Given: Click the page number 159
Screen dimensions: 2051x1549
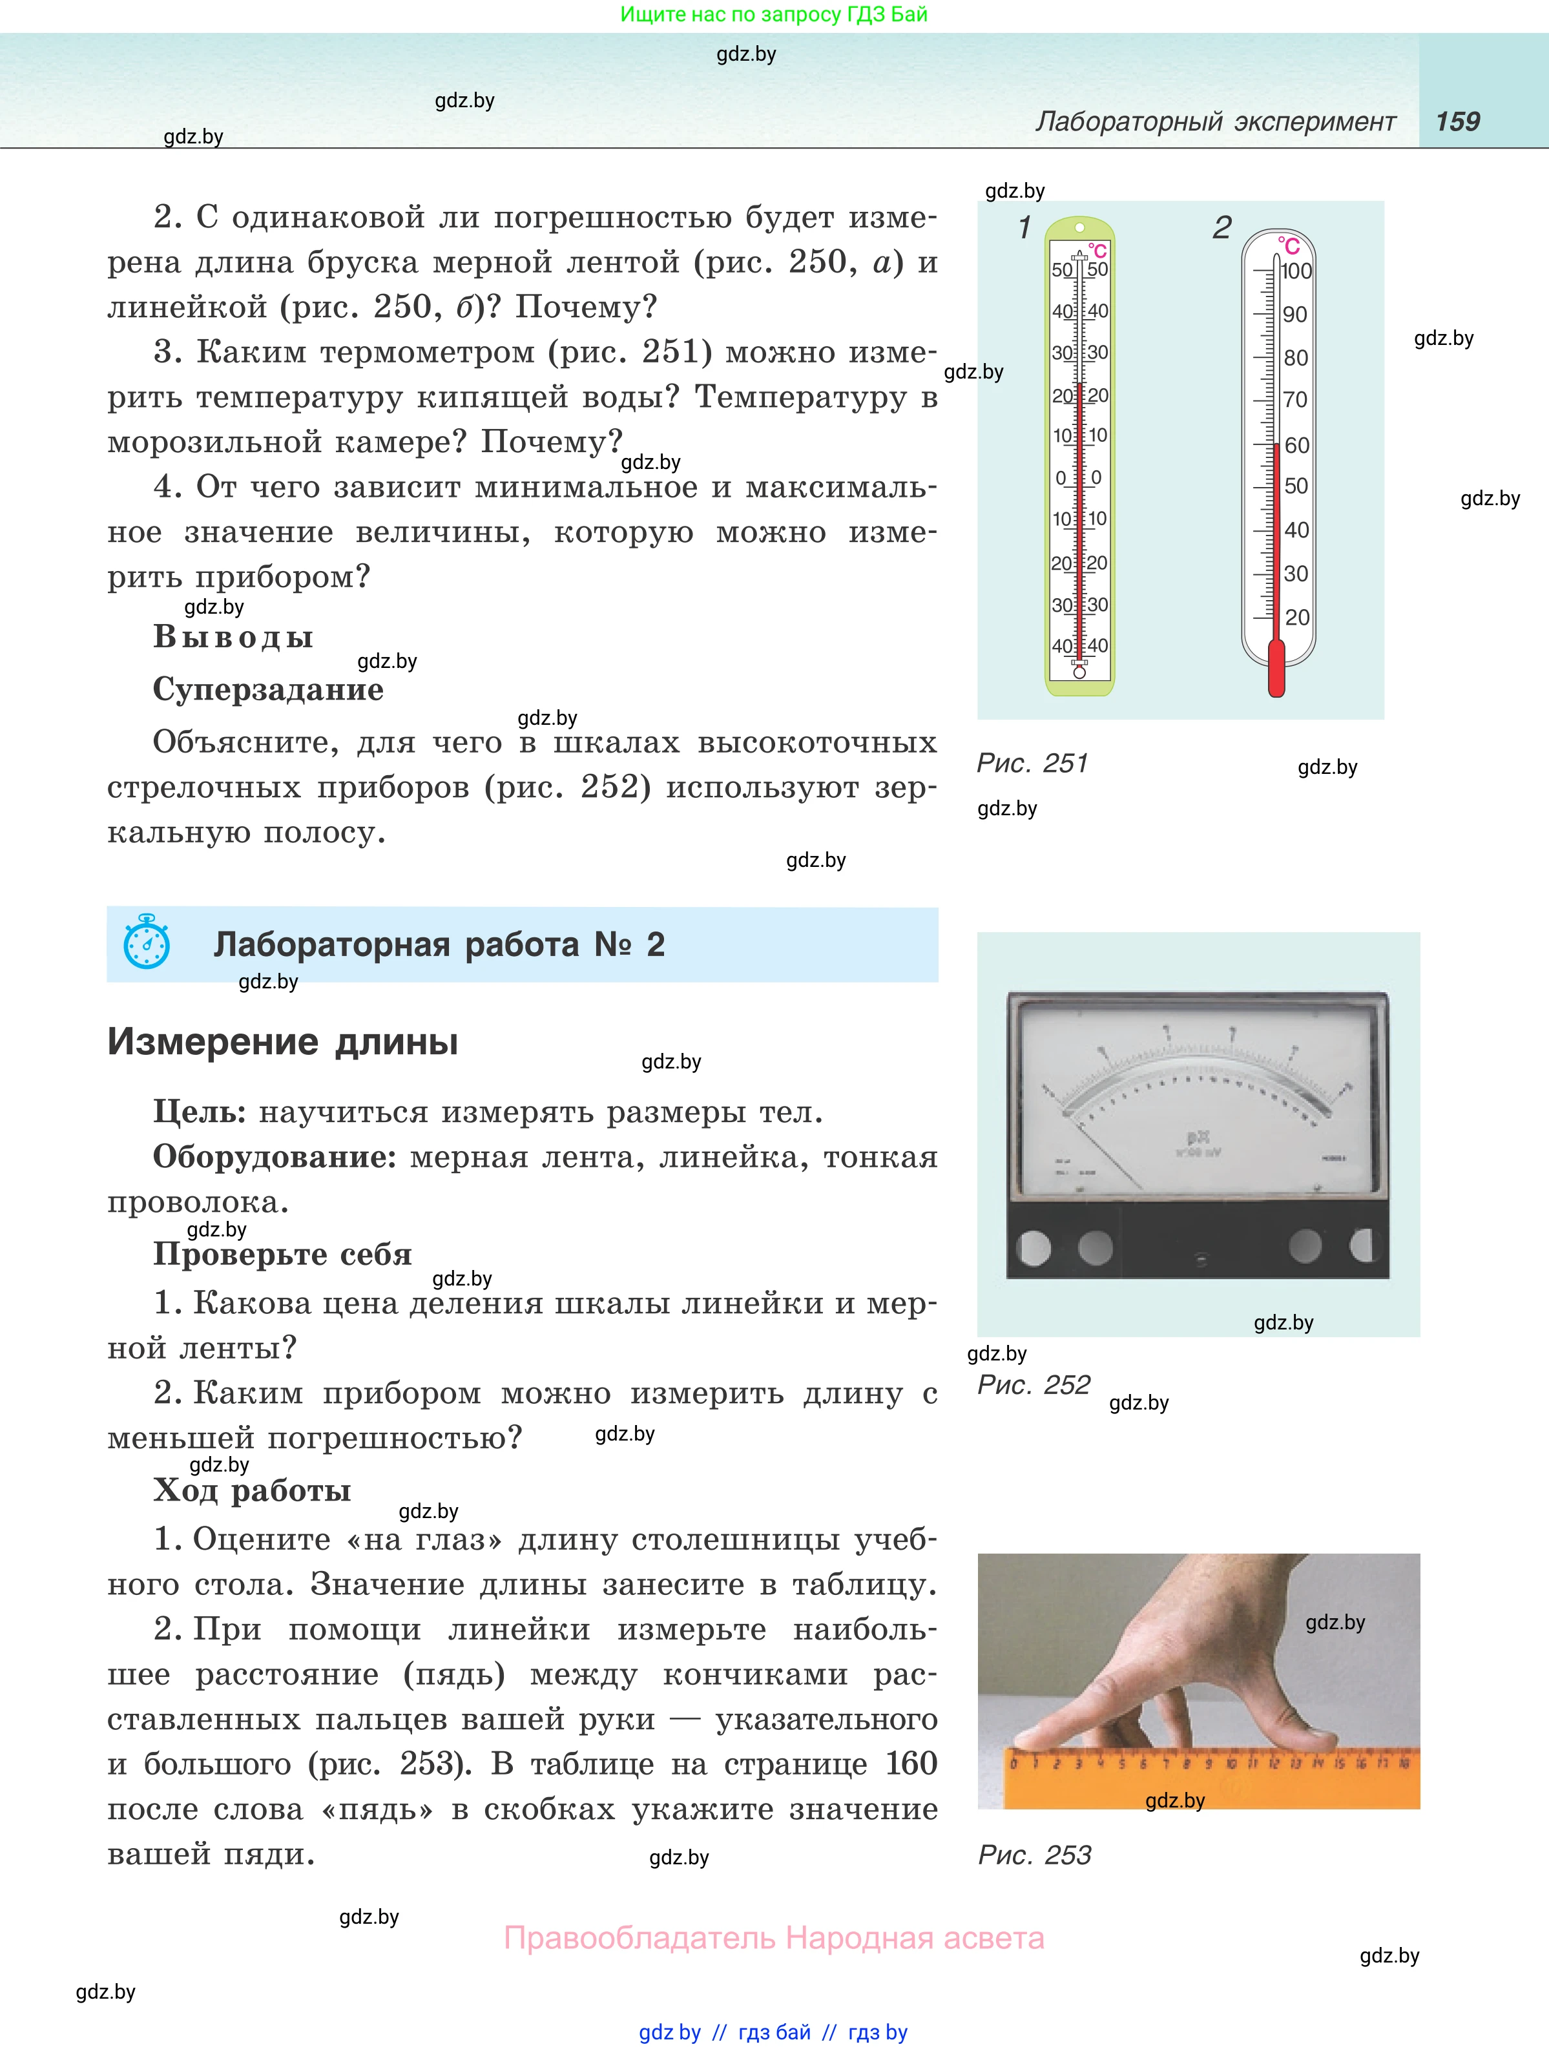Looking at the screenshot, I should [1457, 121].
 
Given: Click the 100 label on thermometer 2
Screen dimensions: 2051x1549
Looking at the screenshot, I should [1296, 272].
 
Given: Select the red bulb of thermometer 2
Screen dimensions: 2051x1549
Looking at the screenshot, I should [1276, 669].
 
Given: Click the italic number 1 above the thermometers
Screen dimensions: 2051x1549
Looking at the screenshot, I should [1024, 227].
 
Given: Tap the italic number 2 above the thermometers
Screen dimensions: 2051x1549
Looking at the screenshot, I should [1222, 227].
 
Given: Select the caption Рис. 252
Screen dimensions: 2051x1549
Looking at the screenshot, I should [1034, 1385].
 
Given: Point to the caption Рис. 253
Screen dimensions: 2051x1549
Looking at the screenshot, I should [1035, 1855].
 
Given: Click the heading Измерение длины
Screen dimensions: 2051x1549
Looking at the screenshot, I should [283, 1042].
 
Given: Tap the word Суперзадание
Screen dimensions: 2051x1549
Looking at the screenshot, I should [268, 689].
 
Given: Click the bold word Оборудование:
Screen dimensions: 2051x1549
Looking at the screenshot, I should [275, 1157].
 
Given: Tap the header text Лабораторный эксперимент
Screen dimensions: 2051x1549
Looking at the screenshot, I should [1215, 121].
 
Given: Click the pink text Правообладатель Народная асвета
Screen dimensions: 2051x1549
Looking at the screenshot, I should [774, 1938].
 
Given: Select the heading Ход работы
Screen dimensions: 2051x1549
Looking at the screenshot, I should [252, 1490].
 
